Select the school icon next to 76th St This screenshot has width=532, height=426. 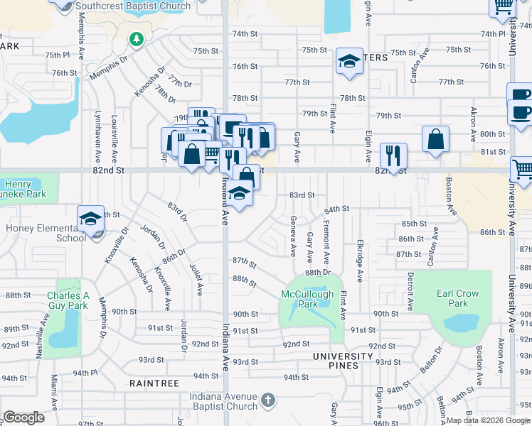click(x=349, y=62)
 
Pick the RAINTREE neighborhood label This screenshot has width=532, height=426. click(x=154, y=383)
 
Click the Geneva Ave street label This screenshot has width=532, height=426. click(x=292, y=236)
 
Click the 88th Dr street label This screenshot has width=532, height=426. click(x=319, y=272)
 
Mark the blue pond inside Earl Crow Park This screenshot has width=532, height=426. click(x=463, y=324)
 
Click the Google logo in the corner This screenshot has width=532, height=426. click(x=24, y=417)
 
